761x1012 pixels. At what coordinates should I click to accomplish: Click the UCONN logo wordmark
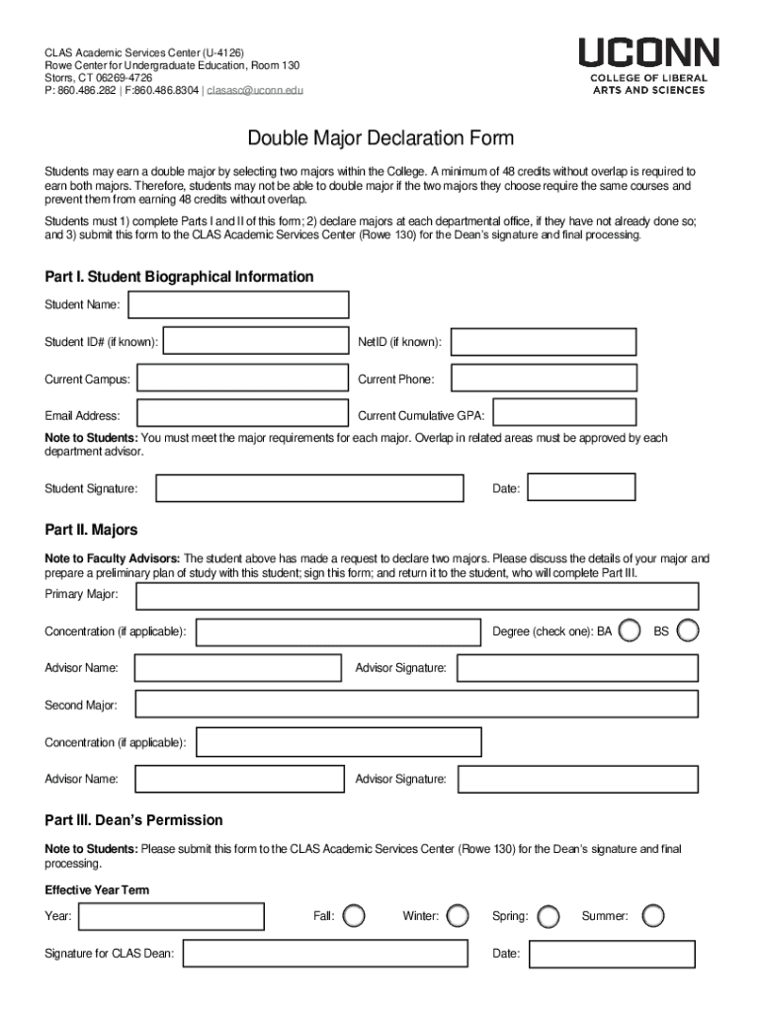point(648,53)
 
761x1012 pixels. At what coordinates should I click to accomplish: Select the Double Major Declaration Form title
point(380,138)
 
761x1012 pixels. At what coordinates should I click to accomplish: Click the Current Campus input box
point(242,379)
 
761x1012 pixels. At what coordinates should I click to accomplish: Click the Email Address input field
point(242,415)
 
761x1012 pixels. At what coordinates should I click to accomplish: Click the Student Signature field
point(309,488)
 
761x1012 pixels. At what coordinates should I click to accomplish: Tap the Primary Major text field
point(416,595)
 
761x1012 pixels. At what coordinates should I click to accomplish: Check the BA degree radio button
point(629,631)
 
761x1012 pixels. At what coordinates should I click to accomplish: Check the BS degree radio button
point(688,631)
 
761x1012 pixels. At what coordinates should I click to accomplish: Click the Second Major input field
point(416,705)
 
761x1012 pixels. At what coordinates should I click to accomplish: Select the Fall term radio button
point(354,916)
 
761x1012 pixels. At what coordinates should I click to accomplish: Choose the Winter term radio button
point(457,916)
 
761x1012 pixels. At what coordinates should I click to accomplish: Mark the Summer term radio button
point(652,916)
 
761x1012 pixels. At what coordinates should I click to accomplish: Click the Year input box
point(171,916)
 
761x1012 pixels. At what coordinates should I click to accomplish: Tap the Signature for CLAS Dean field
point(325,954)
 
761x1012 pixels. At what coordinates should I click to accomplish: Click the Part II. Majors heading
point(91,530)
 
